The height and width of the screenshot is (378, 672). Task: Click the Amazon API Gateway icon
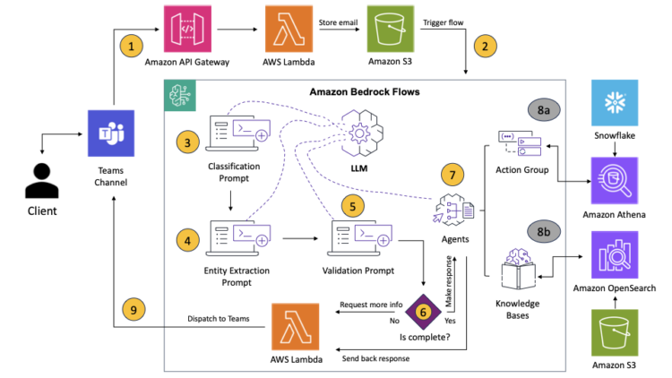186,31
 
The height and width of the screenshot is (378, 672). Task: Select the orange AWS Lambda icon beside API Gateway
289,31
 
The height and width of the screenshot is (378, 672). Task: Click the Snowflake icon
613,102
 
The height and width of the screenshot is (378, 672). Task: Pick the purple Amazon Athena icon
613,182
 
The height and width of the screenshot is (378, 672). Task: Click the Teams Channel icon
112,134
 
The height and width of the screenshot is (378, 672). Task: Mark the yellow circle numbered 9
134,309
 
